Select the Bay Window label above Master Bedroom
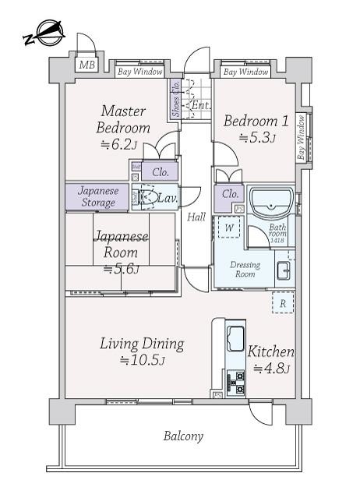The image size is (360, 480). point(140,72)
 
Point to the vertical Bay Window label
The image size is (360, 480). point(301,139)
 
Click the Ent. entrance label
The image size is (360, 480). point(200,104)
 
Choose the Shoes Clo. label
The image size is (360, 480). point(176,99)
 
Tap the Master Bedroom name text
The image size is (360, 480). point(123,119)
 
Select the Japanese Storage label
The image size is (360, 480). point(97,196)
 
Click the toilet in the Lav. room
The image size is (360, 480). point(149,198)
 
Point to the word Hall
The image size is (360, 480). point(196,217)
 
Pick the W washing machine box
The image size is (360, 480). point(230,228)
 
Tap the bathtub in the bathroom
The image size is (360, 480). point(270,203)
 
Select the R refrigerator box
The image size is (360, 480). point(283,303)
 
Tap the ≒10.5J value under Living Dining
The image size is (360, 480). point(140,360)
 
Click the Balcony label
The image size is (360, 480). point(183,436)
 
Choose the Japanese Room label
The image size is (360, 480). point(121,245)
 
